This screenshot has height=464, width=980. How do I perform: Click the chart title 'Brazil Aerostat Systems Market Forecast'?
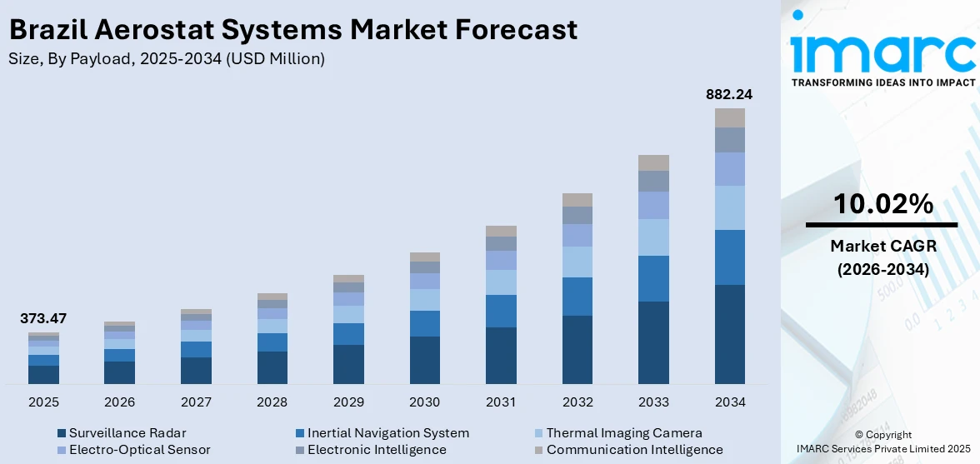[292, 30]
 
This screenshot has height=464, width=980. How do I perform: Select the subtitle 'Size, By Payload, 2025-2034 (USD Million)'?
[166, 59]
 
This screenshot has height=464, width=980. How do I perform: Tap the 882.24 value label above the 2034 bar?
[729, 94]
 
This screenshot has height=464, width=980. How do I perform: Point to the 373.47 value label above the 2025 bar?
[43, 318]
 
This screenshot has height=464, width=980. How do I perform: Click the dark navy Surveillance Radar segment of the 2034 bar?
[729, 334]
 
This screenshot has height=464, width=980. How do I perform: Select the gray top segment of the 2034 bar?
[729, 117]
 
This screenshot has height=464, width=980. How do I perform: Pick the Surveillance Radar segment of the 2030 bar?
[425, 360]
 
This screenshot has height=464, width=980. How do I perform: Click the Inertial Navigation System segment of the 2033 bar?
[653, 278]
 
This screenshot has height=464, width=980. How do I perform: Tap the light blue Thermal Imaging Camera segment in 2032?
[577, 262]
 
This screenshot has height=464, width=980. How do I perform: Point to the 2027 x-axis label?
[196, 402]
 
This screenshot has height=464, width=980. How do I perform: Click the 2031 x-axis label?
[501, 402]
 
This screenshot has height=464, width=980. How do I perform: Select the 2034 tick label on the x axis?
[729, 402]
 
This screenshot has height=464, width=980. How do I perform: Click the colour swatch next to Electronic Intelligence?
[300, 451]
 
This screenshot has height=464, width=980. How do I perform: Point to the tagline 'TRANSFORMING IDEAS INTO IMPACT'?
[882, 82]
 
